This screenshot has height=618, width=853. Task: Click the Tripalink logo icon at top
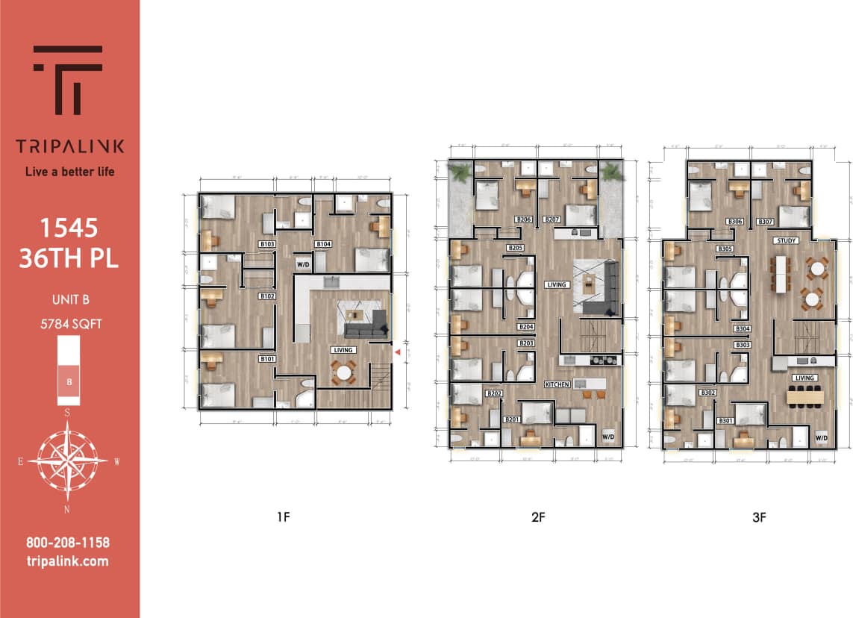pyautogui.click(x=68, y=79)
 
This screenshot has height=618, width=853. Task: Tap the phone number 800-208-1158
pyautogui.click(x=67, y=543)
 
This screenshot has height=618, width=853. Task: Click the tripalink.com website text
pyautogui.click(x=67, y=561)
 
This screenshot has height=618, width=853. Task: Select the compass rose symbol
pyautogui.click(x=67, y=461)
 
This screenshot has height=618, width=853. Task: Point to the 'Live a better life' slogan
pyautogui.click(x=69, y=172)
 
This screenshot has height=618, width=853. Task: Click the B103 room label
pyautogui.click(x=267, y=244)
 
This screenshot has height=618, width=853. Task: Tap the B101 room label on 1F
pyautogui.click(x=267, y=359)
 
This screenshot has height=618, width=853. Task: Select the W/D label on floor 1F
pyautogui.click(x=303, y=264)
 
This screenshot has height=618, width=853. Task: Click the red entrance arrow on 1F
pyautogui.click(x=398, y=351)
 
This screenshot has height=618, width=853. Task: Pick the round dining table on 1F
pyautogui.click(x=344, y=372)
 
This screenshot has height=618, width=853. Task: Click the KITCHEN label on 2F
pyautogui.click(x=557, y=384)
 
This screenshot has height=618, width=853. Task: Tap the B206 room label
pyautogui.click(x=524, y=219)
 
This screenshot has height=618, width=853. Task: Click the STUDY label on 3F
pyautogui.click(x=787, y=240)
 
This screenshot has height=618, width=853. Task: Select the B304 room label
pyautogui.click(x=743, y=328)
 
